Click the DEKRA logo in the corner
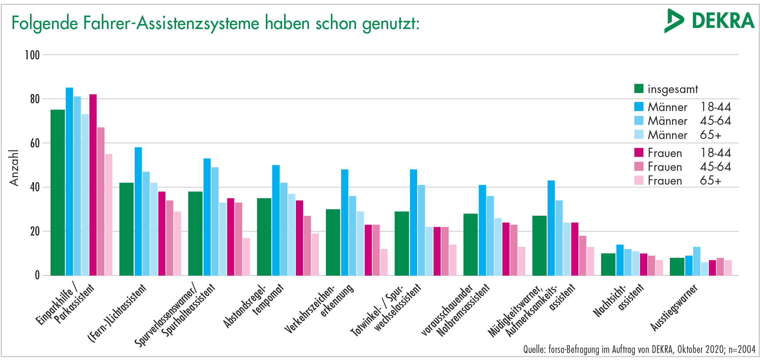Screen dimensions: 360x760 pos(709,21)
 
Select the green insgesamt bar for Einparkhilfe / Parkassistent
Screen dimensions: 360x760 pos(58,193)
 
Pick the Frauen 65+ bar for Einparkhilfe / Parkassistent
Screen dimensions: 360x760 pos(109,215)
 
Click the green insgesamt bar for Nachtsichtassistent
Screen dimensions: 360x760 pos(608,265)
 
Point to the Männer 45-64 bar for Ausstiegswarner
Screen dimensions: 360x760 pos(697,261)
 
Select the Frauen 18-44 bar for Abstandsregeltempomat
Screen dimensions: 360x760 pos(299,238)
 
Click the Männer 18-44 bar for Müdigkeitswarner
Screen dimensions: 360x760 pos(551,228)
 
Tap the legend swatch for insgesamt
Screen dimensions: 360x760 pos(639,88)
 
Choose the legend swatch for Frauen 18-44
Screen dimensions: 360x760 pos(639,152)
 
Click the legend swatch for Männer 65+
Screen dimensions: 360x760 pos(639,134)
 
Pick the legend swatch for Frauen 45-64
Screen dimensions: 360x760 pos(639,166)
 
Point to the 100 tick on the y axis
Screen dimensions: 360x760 pos(32,55)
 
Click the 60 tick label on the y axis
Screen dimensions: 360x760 pos(35,143)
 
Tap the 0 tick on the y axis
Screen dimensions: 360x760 pos(37,275)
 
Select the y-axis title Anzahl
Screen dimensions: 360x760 pos(14,168)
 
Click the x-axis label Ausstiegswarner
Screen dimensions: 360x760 pos(674,307)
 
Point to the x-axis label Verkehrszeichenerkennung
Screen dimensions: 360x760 pos(319,308)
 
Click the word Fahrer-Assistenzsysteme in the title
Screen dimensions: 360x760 pos(171,23)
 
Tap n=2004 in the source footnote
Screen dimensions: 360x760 pos(742,349)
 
